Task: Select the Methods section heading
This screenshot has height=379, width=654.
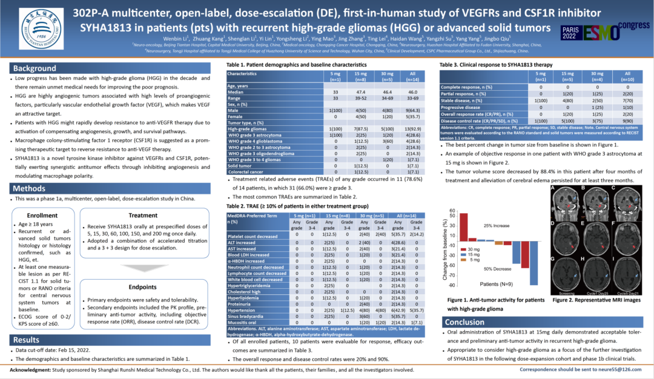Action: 31,189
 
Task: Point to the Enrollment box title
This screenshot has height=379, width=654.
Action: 43,215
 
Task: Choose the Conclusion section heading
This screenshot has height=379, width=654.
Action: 464,322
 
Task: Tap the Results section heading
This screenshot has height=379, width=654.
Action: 27,340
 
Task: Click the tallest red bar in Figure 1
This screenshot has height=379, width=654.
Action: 464,228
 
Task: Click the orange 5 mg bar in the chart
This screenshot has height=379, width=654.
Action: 499,243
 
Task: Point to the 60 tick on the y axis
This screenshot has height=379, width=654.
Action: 451,212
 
